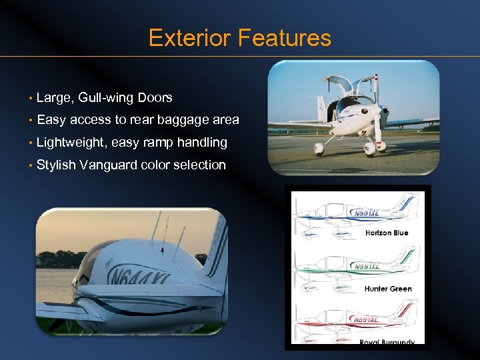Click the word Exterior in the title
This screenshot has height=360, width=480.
click(191, 38)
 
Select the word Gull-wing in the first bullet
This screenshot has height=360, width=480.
click(106, 98)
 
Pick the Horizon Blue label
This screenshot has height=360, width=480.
click(387, 233)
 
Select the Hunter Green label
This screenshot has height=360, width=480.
click(388, 289)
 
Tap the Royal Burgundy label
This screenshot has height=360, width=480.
click(389, 343)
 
